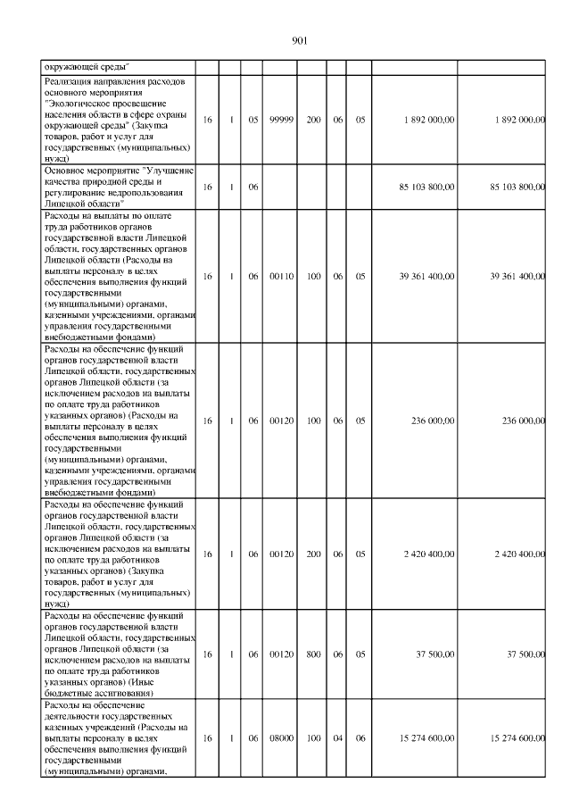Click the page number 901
[299, 40]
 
